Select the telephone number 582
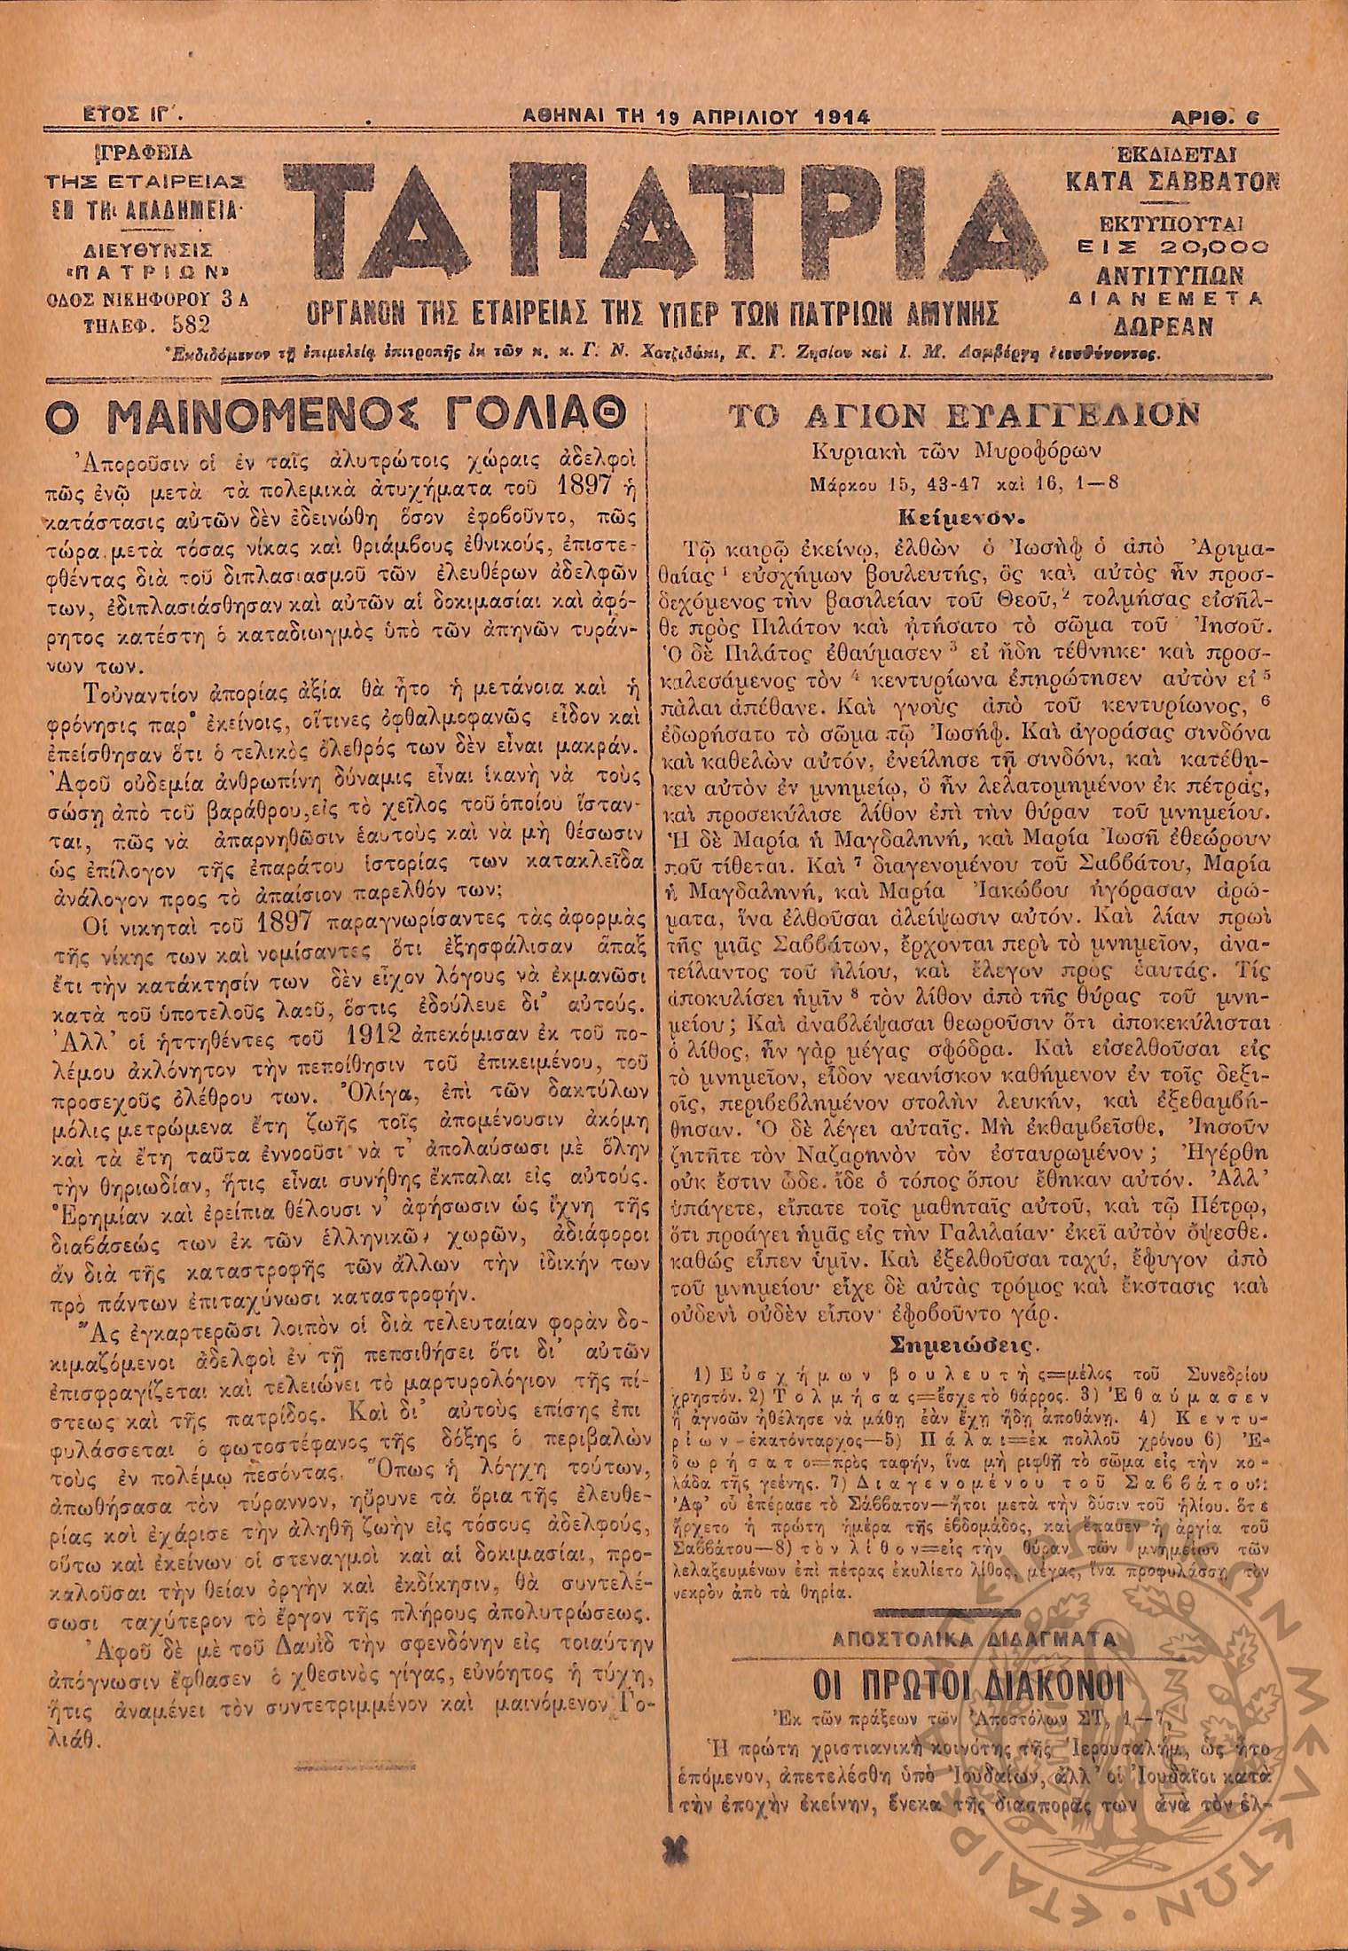194,323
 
